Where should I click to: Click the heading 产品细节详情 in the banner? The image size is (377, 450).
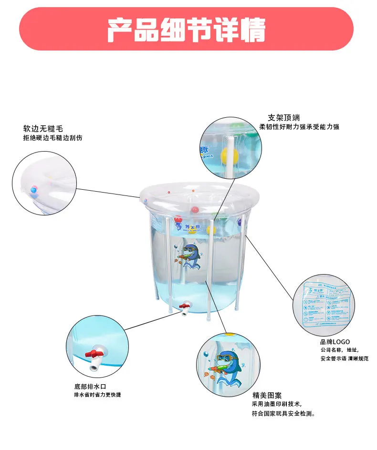(x=186, y=30)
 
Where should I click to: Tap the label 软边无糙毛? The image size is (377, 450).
(x=43, y=129)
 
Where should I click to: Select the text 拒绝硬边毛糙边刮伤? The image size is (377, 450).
(x=53, y=138)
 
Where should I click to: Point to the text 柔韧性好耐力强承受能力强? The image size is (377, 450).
(x=299, y=127)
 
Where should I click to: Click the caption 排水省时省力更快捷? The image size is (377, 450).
(x=97, y=395)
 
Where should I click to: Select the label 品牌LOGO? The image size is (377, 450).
(x=335, y=342)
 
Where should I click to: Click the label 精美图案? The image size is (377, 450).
(x=267, y=395)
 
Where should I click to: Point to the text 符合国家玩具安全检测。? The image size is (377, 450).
(x=283, y=413)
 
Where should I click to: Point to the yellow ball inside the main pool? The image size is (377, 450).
(x=211, y=231)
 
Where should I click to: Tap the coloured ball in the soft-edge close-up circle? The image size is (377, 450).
(x=33, y=189)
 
